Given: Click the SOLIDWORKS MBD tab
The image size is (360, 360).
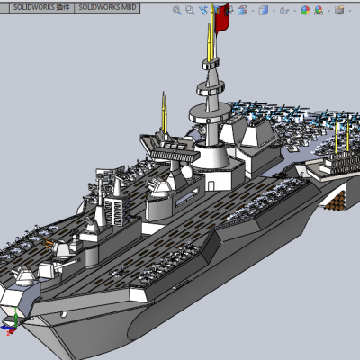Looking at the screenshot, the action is coord(107,7).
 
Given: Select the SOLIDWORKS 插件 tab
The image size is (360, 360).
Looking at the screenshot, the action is coord(41,7).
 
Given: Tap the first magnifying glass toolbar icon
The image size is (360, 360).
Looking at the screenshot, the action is coord(177,11).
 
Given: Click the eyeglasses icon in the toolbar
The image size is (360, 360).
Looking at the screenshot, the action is coord(283,11).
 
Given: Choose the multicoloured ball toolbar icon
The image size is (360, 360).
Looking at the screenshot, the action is coord(305,11).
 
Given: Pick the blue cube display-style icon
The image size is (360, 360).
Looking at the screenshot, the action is coord(263,11).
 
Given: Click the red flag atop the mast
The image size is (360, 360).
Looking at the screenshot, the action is coord(222,17).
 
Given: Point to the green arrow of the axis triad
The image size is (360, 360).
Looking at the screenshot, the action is coord(15,318).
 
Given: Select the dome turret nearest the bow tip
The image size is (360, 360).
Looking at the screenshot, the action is coord(23,275).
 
